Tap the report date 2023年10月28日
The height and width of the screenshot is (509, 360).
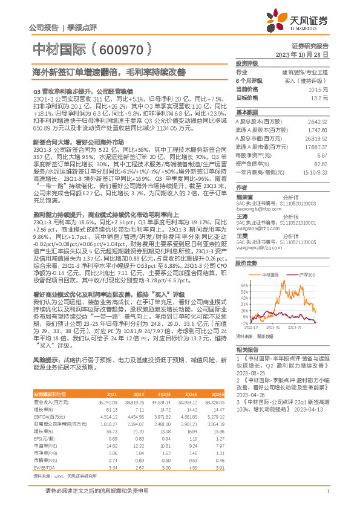tap(302, 54)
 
